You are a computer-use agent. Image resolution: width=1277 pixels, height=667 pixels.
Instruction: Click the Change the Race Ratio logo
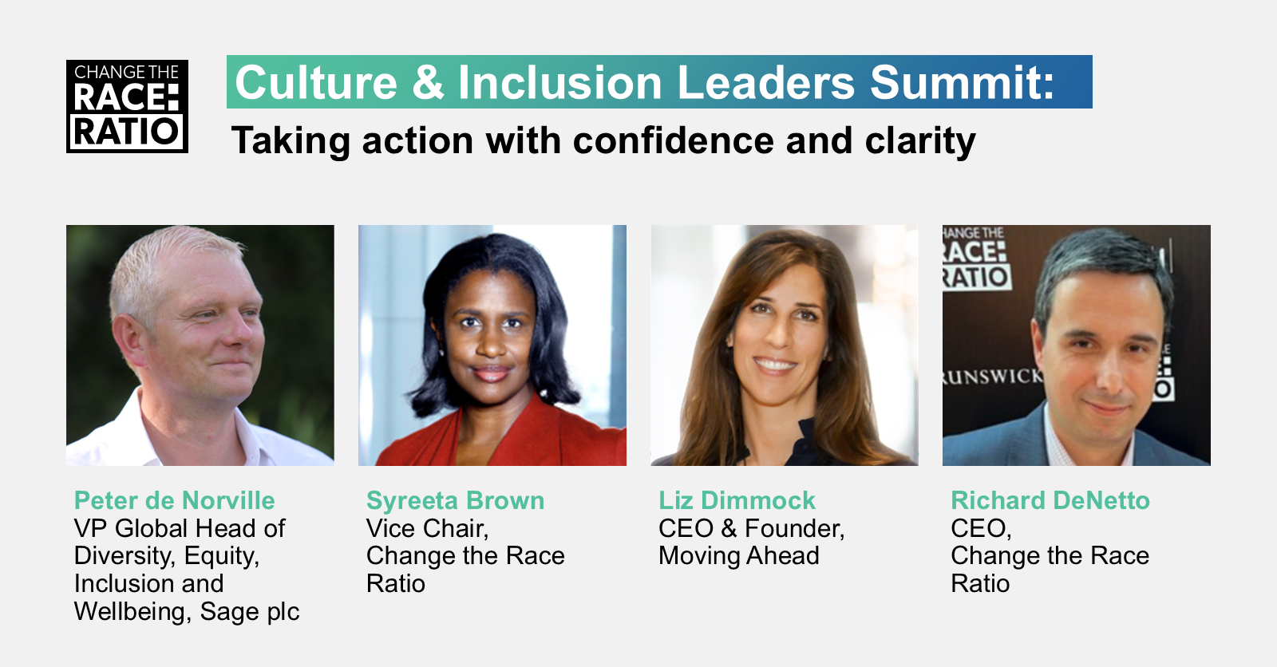pos(127,106)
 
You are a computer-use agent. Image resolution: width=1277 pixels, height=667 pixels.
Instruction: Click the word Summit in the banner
pos(963,83)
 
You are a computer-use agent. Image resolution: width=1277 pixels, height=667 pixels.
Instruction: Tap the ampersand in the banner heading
pos(428,83)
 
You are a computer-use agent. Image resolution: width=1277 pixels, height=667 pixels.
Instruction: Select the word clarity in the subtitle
pos(920,140)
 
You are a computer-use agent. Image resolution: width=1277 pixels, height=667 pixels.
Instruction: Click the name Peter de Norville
pos(175,500)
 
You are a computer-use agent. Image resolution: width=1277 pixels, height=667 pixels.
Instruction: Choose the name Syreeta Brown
pos(455,501)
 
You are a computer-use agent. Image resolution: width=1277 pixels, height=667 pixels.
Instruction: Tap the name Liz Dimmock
pos(737,500)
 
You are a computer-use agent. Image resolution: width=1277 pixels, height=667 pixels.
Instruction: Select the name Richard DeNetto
pos(1050,500)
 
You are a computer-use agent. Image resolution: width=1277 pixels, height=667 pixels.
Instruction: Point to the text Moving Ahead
pos(739,556)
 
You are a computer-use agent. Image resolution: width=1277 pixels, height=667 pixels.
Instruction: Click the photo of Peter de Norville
pos(200,345)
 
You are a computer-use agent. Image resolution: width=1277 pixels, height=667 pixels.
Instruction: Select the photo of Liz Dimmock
pos(785,345)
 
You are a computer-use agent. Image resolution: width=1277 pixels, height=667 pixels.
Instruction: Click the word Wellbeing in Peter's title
pos(132,612)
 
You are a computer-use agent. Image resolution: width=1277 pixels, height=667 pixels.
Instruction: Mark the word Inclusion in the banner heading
pos(559,83)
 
